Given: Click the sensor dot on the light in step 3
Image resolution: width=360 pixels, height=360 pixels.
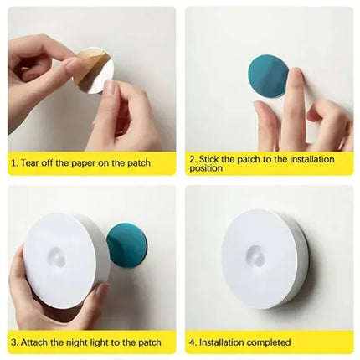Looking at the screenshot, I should tap(59, 259).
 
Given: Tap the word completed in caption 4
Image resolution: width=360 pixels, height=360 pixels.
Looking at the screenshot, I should tap(271, 342).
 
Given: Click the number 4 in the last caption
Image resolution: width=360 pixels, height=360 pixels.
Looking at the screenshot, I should tap(193, 342).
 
